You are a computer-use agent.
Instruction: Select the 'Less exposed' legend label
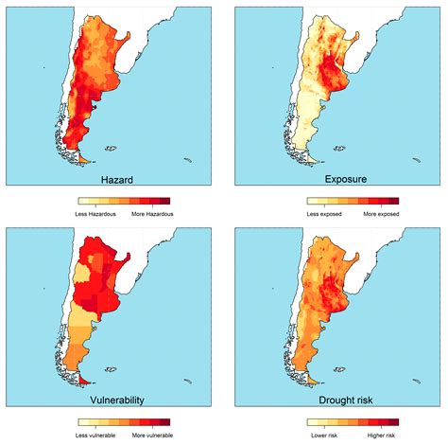point(324,214)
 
